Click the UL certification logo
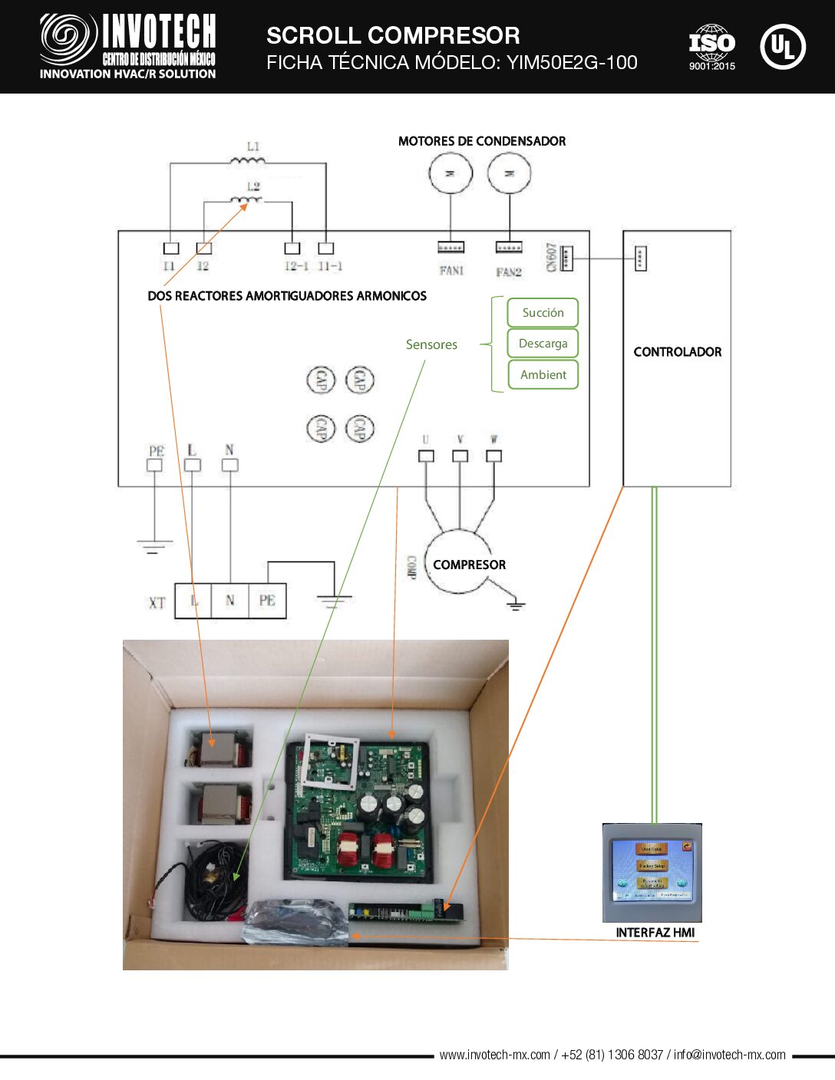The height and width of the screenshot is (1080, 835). point(782,47)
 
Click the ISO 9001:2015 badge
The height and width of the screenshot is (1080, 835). point(711,46)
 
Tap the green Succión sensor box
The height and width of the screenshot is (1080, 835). point(543,313)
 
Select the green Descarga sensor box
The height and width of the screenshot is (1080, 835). point(543,344)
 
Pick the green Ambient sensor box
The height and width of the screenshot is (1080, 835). point(543,375)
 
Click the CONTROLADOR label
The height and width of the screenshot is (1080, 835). point(677,352)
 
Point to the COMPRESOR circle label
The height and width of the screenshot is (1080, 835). point(469,565)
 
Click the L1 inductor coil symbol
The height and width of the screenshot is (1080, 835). point(248,160)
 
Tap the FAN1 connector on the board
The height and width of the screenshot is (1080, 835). point(451,247)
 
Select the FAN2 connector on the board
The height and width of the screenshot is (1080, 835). point(509,247)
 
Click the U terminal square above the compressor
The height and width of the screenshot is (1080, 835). point(426,456)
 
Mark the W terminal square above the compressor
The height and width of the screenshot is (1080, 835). point(494,456)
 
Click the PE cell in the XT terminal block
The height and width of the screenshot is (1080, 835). point(267,601)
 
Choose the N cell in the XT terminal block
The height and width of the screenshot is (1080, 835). point(230,601)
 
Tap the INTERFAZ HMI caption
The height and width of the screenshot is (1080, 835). point(655,933)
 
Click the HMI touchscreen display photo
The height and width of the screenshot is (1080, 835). point(652,870)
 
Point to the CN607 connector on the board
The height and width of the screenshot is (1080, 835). point(566,258)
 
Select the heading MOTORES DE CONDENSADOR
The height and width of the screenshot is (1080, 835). point(482,141)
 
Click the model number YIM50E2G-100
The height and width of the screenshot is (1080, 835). point(572,63)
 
